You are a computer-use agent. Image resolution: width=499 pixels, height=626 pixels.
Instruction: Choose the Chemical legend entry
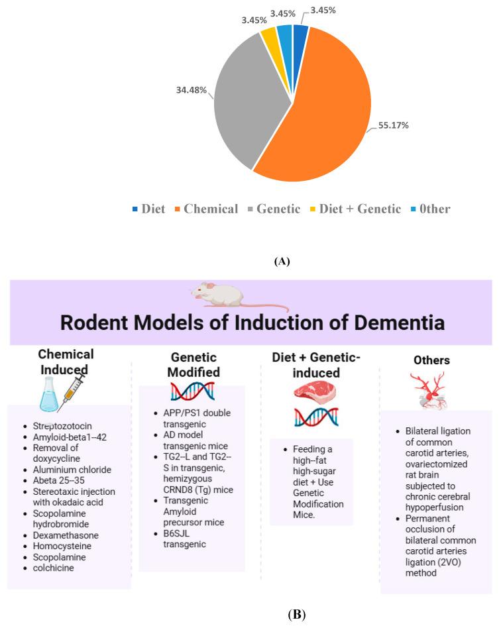point(206,209)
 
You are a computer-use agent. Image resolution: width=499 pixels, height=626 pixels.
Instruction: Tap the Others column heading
point(431,360)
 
